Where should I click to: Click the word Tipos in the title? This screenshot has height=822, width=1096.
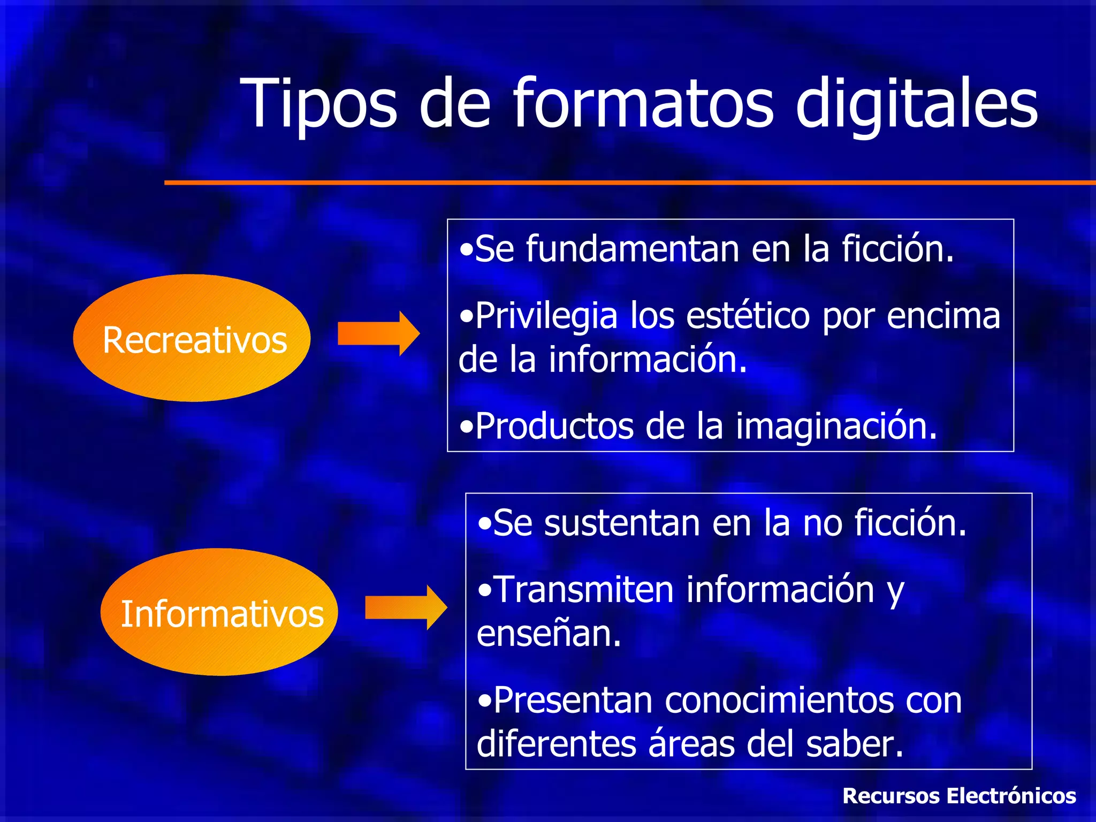[x=318, y=104]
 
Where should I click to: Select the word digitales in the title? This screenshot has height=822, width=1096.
[x=916, y=104]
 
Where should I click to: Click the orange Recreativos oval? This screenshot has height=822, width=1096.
[x=192, y=338]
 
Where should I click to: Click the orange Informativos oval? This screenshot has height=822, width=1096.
[x=219, y=612]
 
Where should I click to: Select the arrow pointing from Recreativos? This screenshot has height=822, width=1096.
[x=378, y=333]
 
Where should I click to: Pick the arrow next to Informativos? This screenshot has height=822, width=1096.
[x=406, y=607]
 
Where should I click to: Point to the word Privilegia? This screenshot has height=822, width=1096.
[x=546, y=316]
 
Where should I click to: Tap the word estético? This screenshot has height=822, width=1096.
[x=748, y=316]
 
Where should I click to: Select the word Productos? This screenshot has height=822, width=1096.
[x=554, y=427]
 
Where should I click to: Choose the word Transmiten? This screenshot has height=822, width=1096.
[x=583, y=590]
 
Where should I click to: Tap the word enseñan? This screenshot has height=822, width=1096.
[x=549, y=634]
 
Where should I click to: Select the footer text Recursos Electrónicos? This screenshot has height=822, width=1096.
[x=959, y=796]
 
